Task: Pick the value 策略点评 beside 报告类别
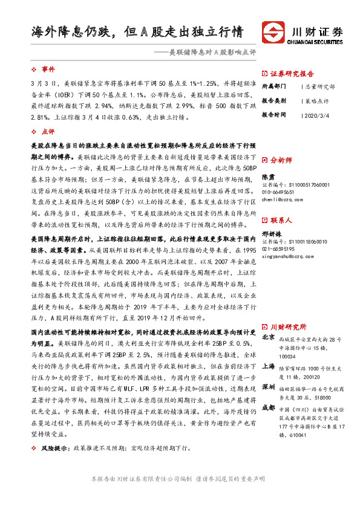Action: (x=316, y=100)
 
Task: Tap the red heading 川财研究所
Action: (x=287, y=325)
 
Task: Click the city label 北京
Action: (x=269, y=337)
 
